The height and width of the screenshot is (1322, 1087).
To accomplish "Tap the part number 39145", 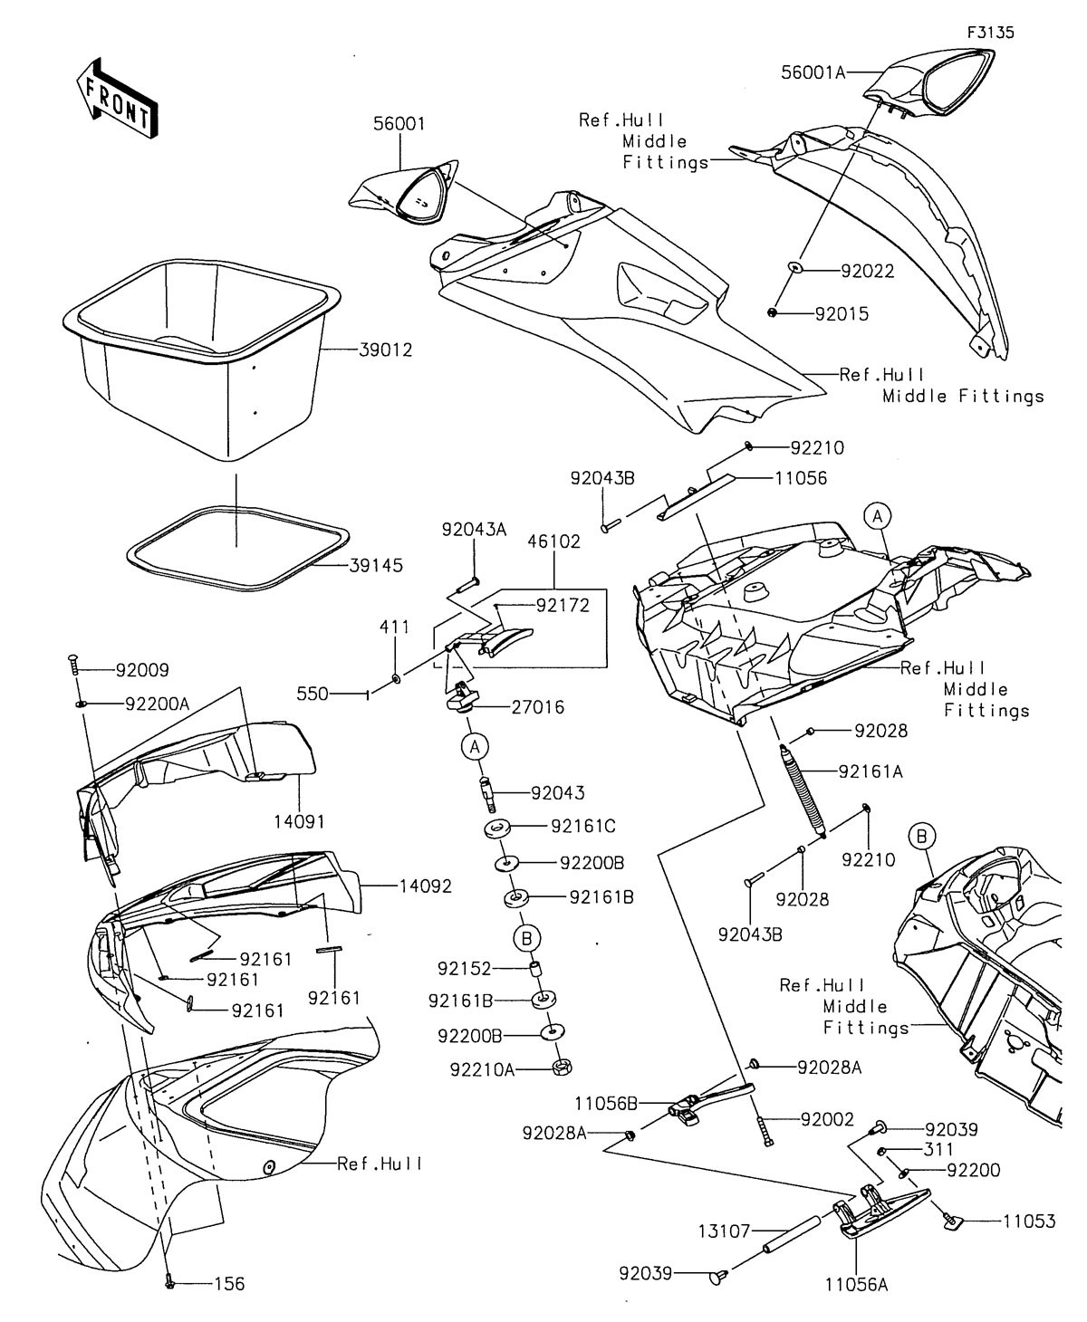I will coord(376,566).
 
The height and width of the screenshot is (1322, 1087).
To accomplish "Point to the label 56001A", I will coord(813,72).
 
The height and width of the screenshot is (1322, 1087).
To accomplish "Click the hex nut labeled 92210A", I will coord(562,1068).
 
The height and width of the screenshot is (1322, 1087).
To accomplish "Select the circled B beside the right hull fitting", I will coord(921,837).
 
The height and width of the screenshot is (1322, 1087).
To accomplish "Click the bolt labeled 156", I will coord(169,1281).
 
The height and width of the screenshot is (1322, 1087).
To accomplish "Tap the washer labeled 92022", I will coord(794,269).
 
